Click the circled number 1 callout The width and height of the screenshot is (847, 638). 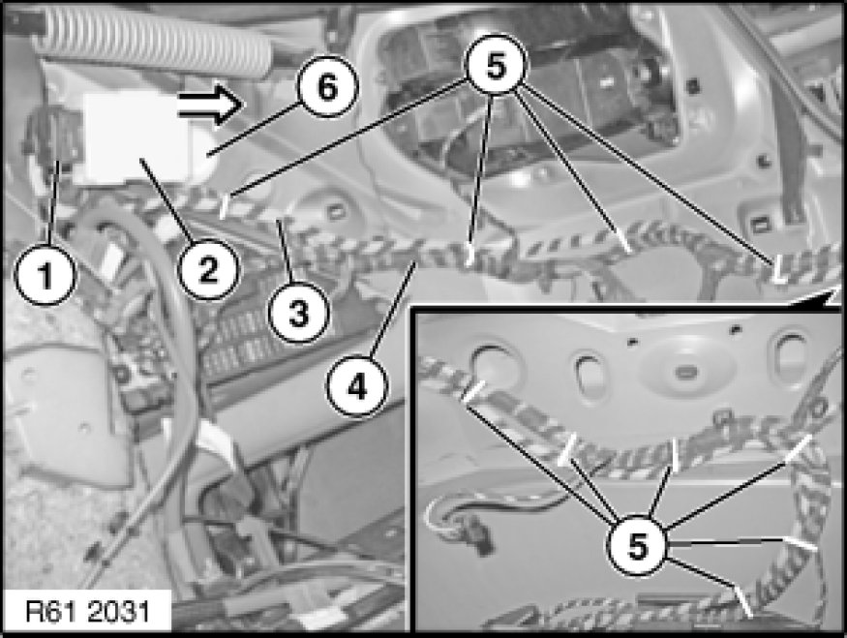(x=45, y=274)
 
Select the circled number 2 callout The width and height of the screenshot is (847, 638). (x=208, y=269)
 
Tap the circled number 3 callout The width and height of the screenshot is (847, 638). (x=299, y=314)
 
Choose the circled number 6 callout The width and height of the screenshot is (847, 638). (x=328, y=86)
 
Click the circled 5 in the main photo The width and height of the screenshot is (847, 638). (x=496, y=67)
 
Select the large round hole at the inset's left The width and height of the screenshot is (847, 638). (x=496, y=366)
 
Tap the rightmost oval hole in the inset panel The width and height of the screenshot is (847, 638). (x=791, y=352)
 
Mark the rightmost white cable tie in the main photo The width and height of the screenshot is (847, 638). (x=778, y=270)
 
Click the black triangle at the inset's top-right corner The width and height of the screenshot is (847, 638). (x=830, y=297)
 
